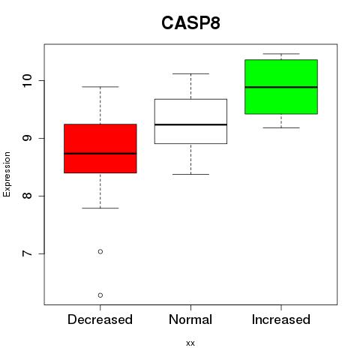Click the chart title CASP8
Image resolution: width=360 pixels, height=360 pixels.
click(x=190, y=23)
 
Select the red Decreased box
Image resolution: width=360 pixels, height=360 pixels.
click(x=100, y=148)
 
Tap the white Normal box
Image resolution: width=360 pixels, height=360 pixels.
click(x=190, y=121)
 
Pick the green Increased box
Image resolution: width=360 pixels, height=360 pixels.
click(x=281, y=87)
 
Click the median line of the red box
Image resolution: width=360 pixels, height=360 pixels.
click(x=100, y=154)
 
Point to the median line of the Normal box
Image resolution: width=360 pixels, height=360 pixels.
click(x=190, y=124)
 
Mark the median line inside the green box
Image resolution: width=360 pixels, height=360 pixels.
click(x=281, y=87)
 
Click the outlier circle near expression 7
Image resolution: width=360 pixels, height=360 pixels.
click(x=100, y=251)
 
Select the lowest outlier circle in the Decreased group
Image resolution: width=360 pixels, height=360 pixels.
click(x=100, y=295)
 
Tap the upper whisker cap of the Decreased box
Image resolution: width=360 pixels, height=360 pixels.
click(x=100, y=87)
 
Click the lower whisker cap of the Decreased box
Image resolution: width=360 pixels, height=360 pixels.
click(x=100, y=208)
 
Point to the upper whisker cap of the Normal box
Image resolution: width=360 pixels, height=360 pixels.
click(x=190, y=73)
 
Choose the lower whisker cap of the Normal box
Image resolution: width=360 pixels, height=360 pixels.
click(x=190, y=174)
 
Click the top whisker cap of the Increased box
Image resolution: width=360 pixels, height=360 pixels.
click(x=281, y=54)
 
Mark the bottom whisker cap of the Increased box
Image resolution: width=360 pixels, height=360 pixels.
click(x=281, y=127)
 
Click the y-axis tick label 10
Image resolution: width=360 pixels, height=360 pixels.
click(x=27, y=80)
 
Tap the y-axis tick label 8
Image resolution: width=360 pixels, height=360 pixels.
click(x=27, y=196)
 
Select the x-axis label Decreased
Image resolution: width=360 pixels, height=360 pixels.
click(x=100, y=319)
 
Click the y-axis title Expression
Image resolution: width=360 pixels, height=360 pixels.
click(x=7, y=174)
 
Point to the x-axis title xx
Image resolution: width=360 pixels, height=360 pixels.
click(x=190, y=343)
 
